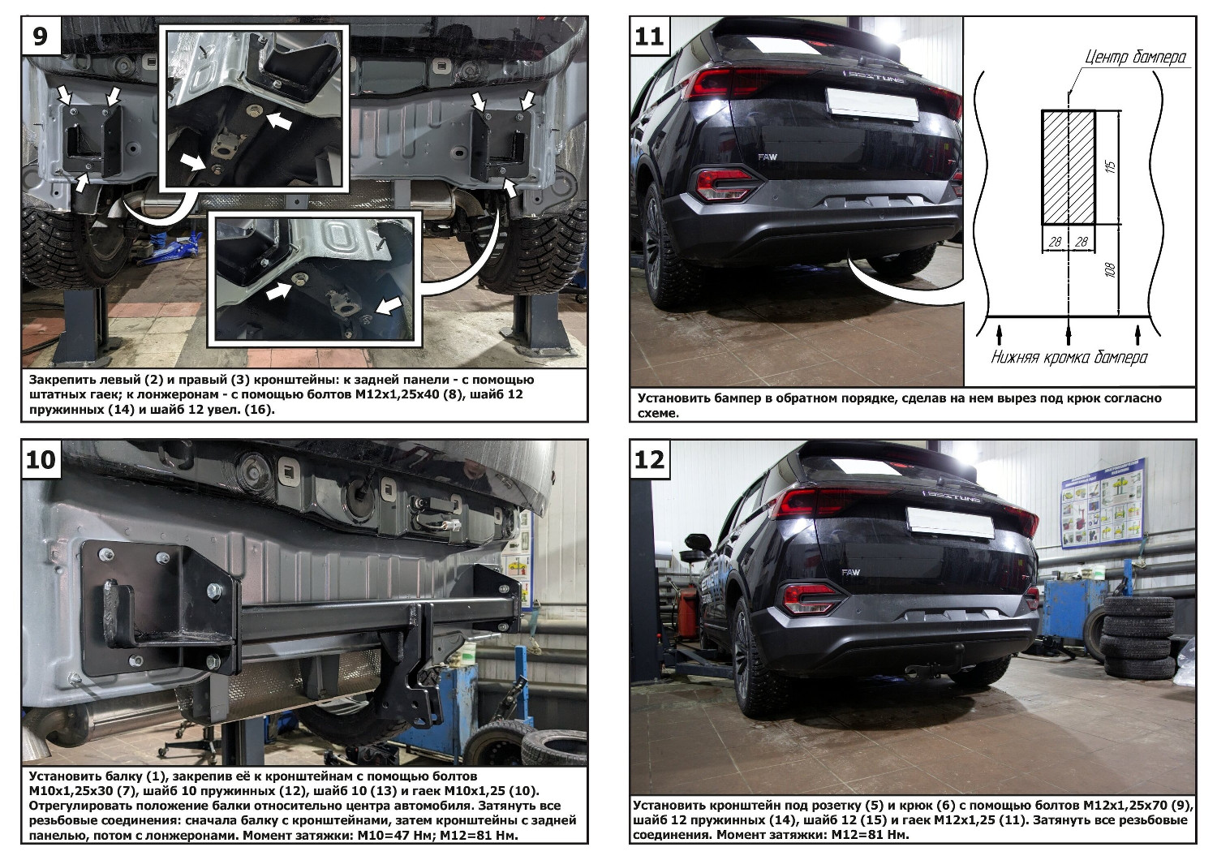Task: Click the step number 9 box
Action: point(41,36)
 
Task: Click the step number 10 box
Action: point(41,459)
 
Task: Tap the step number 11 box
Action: point(649,36)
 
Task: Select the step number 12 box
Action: point(649,459)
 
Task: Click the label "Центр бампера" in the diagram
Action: point(1136,57)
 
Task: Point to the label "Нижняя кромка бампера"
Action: point(1069,358)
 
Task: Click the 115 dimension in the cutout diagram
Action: point(1111,166)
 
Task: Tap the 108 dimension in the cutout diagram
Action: point(1110,270)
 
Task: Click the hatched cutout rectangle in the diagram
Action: point(1069,167)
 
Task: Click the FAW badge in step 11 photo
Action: point(768,157)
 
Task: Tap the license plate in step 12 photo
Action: point(951,522)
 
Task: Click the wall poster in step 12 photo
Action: point(1103,502)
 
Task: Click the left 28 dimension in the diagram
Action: point(1055,242)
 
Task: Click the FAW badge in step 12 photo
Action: point(851,572)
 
